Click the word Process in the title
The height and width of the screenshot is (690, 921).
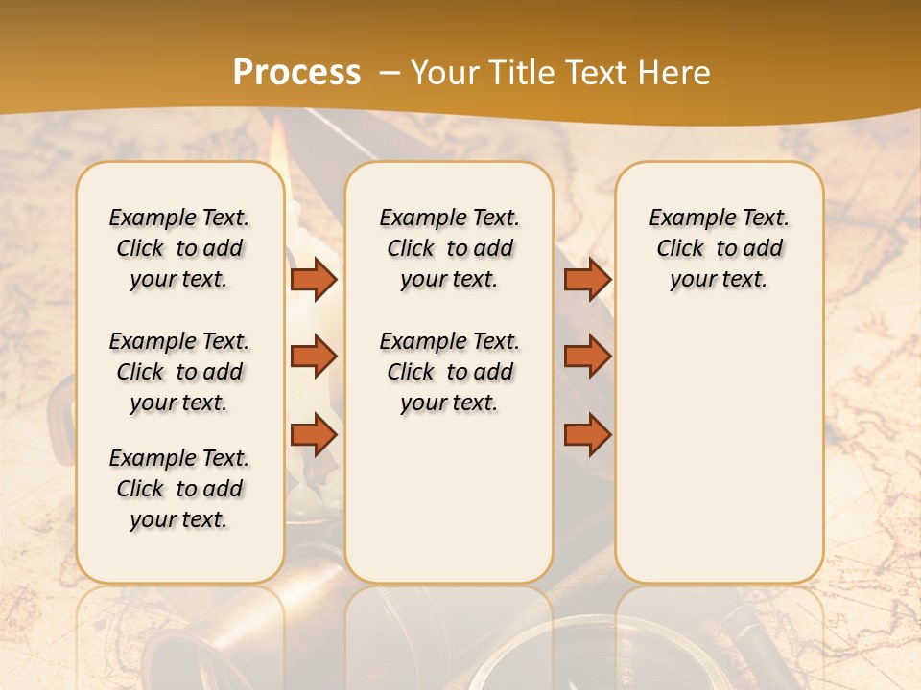tap(296, 72)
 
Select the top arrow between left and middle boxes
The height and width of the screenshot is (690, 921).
tap(314, 280)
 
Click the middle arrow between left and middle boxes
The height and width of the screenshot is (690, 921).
tap(314, 356)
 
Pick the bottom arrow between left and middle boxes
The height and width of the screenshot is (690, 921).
tap(314, 434)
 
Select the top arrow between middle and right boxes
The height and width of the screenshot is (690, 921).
tap(587, 280)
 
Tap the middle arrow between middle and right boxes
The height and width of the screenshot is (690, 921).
tap(587, 356)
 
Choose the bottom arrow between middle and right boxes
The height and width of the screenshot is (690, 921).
tap(587, 434)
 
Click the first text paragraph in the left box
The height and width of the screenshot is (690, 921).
tap(179, 248)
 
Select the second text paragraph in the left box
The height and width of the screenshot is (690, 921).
tap(179, 372)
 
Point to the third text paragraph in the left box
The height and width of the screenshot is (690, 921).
tap(179, 489)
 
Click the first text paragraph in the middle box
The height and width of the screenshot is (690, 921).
tap(449, 248)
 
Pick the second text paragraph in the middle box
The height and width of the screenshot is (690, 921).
tap(449, 372)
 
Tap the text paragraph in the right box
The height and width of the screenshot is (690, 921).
tap(719, 248)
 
